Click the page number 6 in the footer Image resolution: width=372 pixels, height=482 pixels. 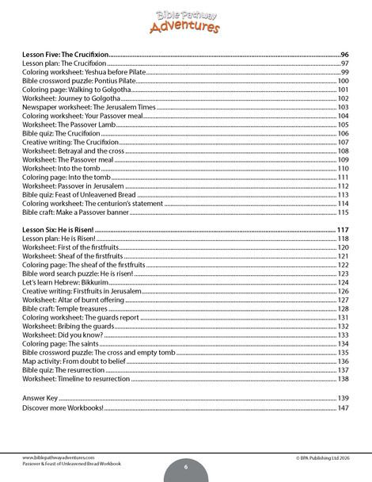pos(185,468)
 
